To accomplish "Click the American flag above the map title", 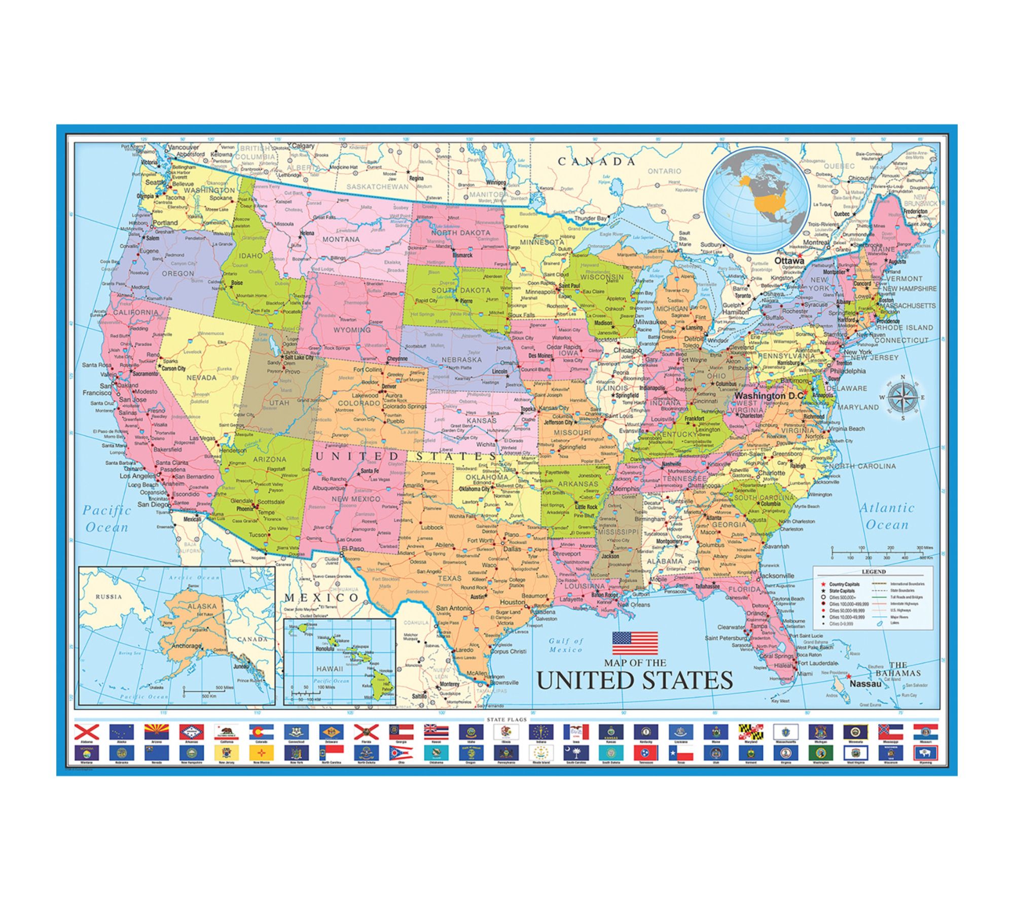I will pyautogui.click(x=635, y=643).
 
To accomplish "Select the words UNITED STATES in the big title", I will pyautogui.click(x=635, y=680).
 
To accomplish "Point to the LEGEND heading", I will pyautogui.click(x=874, y=572).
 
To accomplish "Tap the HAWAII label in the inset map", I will pyautogui.click(x=330, y=668).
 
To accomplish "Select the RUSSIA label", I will pyautogui.click(x=108, y=596).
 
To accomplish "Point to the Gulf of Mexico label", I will pyautogui.click(x=566, y=645).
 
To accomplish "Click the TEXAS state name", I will pyautogui.click(x=449, y=578).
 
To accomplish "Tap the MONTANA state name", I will pyautogui.click(x=341, y=239).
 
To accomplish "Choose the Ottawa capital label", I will pyautogui.click(x=789, y=260).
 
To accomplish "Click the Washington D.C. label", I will pyautogui.click(x=770, y=395).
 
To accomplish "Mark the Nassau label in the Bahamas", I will pyautogui.click(x=865, y=684).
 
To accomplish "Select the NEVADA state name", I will pyautogui.click(x=201, y=378).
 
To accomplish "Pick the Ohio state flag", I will pyautogui.click(x=401, y=753).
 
